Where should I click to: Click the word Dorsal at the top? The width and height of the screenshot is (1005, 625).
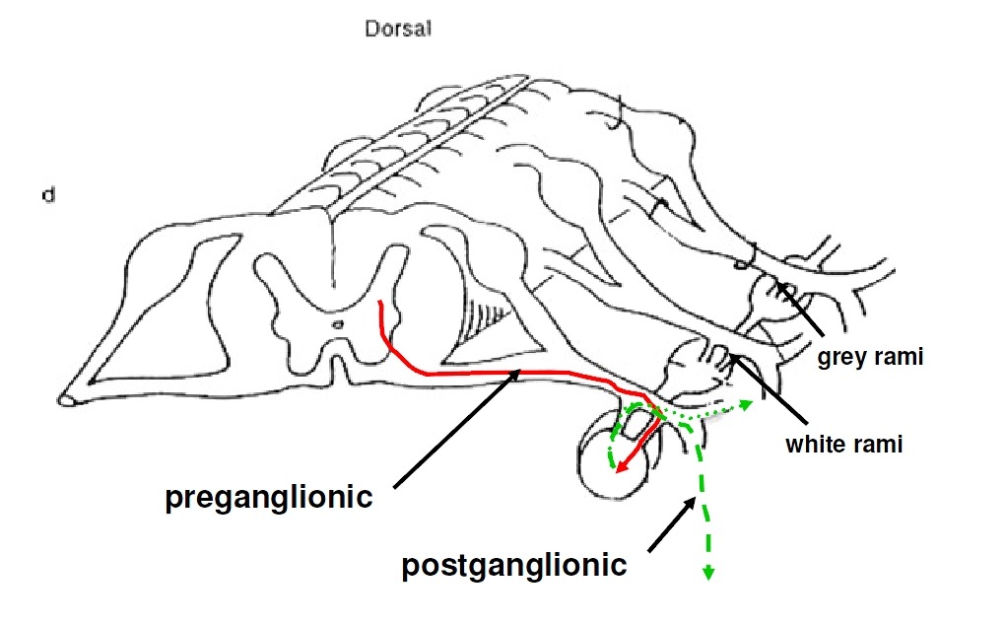click(398, 30)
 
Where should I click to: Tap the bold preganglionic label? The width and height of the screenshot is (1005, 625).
click(268, 497)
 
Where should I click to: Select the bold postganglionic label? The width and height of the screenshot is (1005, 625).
click(513, 565)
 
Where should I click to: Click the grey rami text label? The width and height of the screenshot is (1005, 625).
click(870, 357)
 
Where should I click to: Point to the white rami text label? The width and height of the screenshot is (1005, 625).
click(843, 445)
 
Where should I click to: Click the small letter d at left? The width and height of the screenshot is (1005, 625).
click(46, 195)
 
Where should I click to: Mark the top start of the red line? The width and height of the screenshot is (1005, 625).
click(381, 302)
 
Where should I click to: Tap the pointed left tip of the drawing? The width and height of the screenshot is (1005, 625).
click(65, 398)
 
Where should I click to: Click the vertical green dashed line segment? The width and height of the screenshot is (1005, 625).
click(702, 493)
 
